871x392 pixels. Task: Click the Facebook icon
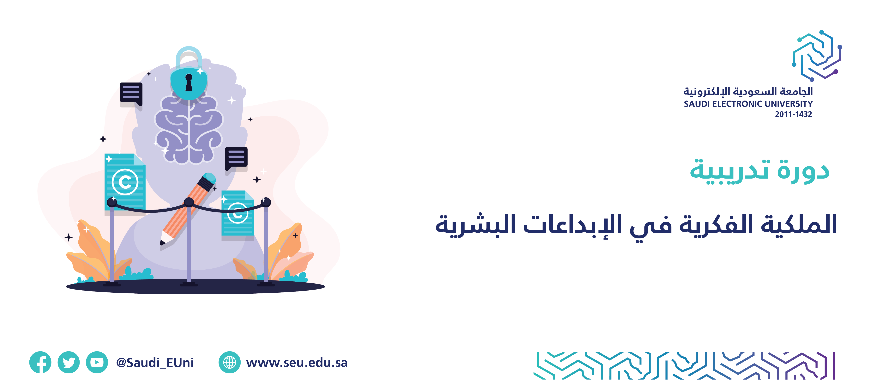pos(40,362)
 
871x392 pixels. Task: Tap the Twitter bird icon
pos(69,362)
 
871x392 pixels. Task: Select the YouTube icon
pos(97,362)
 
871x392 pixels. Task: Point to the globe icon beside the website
pos(230,362)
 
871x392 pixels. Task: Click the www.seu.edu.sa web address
pos(297,363)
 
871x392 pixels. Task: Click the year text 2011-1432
pos(793,114)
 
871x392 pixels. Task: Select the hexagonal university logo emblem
pos(817,56)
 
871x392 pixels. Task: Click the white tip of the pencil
pos(166,237)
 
